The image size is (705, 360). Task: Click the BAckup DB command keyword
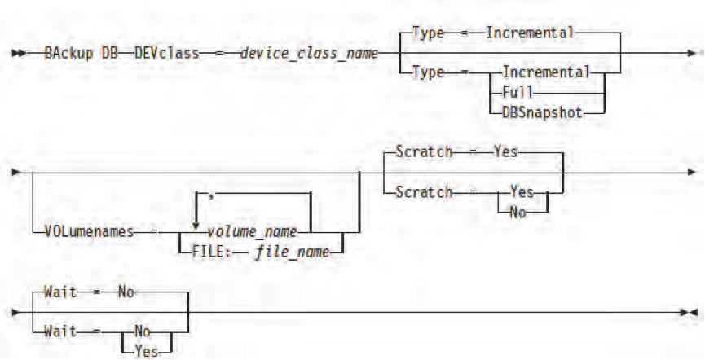click(x=81, y=54)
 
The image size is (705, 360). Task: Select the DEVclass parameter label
click(x=166, y=54)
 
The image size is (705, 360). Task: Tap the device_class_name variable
click(x=309, y=54)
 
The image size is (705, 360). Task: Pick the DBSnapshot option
click(x=542, y=113)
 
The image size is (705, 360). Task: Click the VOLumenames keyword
click(x=89, y=232)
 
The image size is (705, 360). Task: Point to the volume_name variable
click(x=251, y=232)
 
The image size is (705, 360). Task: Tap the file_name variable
click(x=293, y=252)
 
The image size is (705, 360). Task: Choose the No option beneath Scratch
click(x=518, y=213)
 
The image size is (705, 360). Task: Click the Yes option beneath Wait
click(x=146, y=351)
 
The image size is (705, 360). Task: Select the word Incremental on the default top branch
click(x=530, y=33)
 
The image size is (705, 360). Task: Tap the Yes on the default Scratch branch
click(x=505, y=152)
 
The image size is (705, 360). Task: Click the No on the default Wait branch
click(x=126, y=293)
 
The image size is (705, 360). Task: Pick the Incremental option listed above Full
click(x=546, y=72)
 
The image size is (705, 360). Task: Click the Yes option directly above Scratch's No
click(x=522, y=192)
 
